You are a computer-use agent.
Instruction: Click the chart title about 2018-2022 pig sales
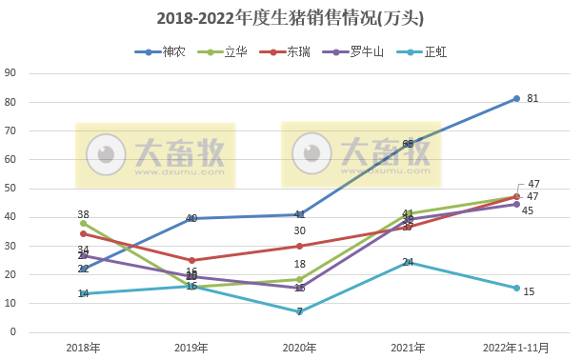click(291, 18)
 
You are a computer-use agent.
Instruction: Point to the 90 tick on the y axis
click(10, 73)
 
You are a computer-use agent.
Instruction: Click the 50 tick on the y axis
click(10, 189)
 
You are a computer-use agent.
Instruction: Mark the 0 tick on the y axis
click(13, 332)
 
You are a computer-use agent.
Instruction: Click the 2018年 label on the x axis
click(84, 347)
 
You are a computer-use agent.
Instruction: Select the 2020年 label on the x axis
click(300, 347)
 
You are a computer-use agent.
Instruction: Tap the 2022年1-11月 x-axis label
click(516, 347)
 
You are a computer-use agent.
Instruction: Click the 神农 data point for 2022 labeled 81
click(516, 98)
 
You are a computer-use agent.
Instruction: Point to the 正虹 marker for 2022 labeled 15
click(516, 288)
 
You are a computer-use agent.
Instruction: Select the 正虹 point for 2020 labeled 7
click(300, 311)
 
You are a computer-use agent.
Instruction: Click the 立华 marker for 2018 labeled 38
click(84, 223)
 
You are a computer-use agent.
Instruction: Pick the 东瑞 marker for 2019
click(191, 260)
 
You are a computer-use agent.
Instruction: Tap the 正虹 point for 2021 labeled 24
click(408, 262)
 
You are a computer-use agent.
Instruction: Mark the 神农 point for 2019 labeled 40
click(191, 218)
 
